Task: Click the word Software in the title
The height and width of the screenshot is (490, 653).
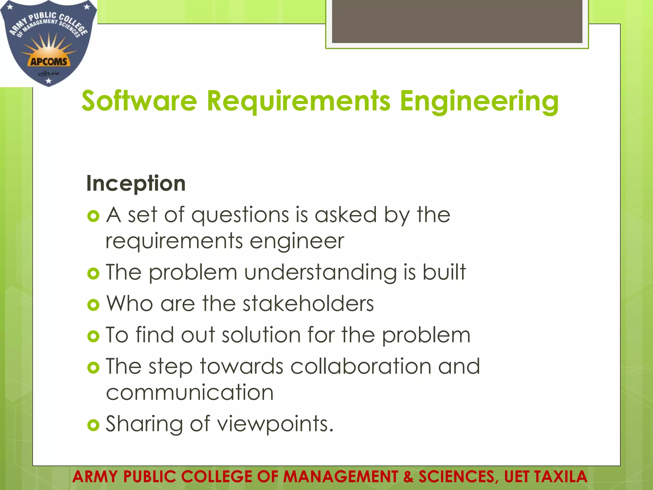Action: click(x=139, y=101)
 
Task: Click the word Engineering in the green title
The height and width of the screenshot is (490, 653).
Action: click(x=479, y=101)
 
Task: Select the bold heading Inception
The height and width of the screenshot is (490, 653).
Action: click(x=136, y=183)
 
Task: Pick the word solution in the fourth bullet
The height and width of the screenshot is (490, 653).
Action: click(x=261, y=335)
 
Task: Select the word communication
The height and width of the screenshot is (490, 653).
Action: click(x=190, y=392)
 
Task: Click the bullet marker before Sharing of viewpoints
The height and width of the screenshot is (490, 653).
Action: click(x=93, y=425)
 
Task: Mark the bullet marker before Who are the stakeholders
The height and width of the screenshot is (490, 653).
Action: click(x=93, y=305)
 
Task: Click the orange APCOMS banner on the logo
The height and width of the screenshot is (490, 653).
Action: click(x=49, y=61)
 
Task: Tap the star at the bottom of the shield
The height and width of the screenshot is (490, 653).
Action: click(x=48, y=81)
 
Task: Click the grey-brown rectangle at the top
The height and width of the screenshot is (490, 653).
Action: click(x=457, y=21)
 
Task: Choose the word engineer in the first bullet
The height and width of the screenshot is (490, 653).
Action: click(x=297, y=241)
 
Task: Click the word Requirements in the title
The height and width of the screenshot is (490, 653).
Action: click(x=298, y=101)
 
